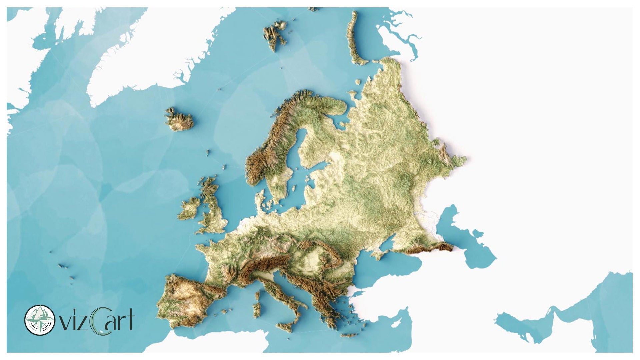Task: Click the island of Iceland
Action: tap(179, 119)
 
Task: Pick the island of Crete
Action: tap(349, 335)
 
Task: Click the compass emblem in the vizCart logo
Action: tap(40, 320)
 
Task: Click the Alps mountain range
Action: tap(263, 263)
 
